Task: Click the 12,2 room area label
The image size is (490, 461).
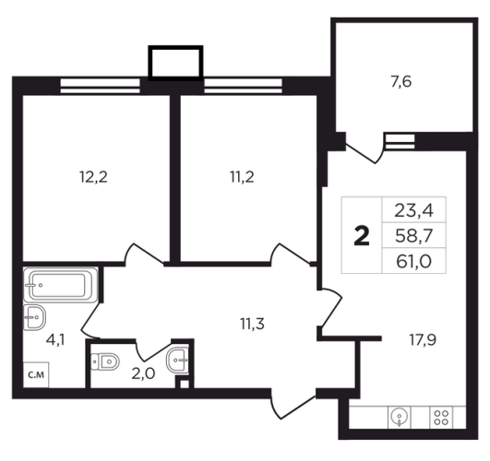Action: coord(94,177)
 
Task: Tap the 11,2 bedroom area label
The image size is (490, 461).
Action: coord(242,177)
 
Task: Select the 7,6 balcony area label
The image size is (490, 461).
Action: coord(401,82)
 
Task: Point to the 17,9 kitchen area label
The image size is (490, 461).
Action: coord(423,339)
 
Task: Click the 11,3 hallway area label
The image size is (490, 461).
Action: coord(253,324)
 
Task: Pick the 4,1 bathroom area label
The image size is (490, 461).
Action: coord(55,340)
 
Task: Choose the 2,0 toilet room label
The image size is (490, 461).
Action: coord(143,373)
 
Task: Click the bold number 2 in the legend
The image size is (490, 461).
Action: coord(362,236)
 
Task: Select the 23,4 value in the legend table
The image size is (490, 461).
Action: coord(413,210)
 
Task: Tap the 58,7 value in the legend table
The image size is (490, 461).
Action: coord(413,236)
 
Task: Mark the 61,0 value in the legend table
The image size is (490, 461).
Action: coord(413,262)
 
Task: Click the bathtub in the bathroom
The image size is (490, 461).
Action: coord(61,285)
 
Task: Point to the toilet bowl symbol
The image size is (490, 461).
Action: coord(105,361)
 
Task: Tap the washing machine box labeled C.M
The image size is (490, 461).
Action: coord(36,375)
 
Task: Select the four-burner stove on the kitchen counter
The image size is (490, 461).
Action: coord(441,418)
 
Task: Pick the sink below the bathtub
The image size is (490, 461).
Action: coord(35,317)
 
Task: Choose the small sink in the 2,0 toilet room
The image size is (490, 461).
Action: coord(178,361)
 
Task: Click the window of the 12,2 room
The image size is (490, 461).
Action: coord(100,86)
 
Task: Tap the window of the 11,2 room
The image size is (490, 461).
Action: coord(243,86)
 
